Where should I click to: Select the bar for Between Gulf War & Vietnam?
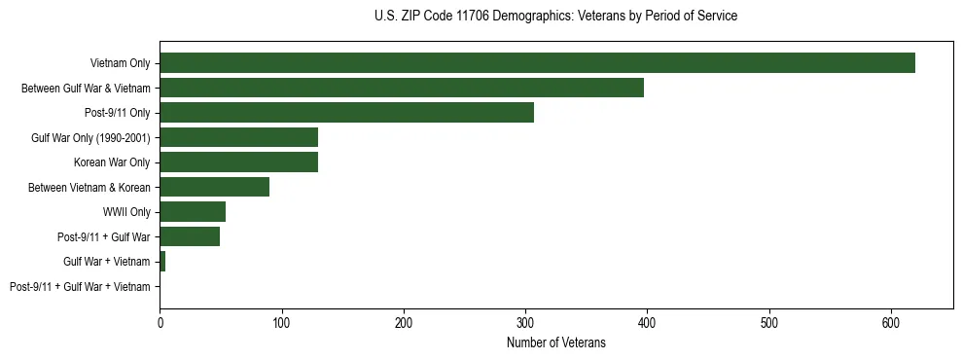point(402,88)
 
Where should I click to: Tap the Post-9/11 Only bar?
point(346,113)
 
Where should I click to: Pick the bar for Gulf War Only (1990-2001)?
point(239,137)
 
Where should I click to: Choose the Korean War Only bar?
point(239,162)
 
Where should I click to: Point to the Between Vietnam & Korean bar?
point(215,187)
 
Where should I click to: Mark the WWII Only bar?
point(193,212)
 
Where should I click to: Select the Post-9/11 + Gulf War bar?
point(190,236)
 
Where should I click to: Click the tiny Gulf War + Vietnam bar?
point(162,262)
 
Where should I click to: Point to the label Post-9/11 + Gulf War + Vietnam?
point(80,287)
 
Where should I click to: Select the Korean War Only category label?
point(112,162)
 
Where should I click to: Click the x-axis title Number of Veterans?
point(556,342)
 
